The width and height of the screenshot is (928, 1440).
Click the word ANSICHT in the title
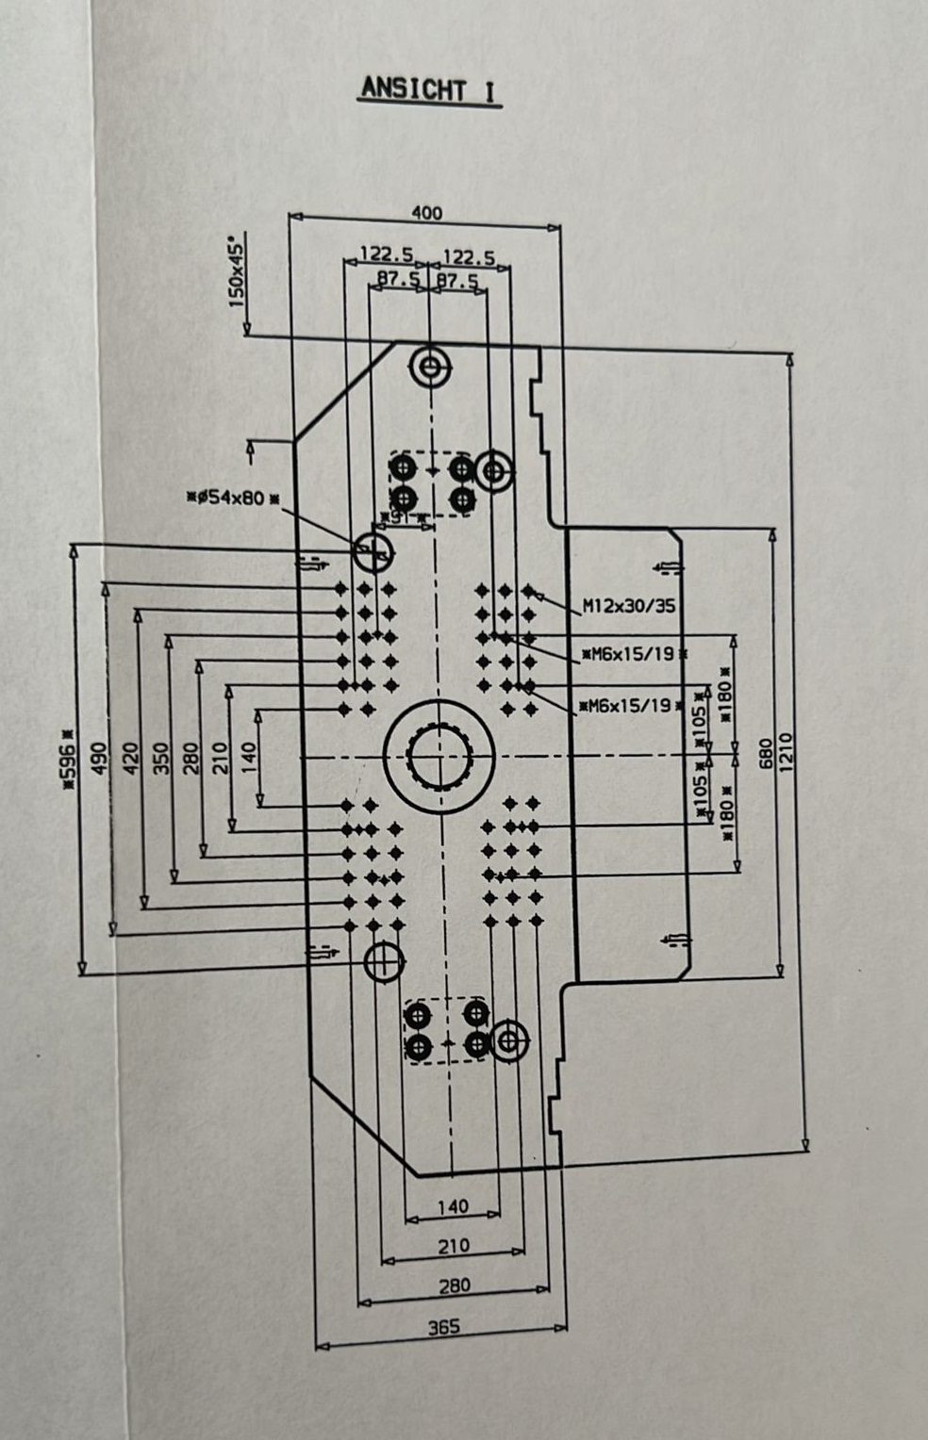[413, 90]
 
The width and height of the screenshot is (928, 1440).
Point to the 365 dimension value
[443, 1327]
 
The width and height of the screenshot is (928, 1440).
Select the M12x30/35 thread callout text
[628, 606]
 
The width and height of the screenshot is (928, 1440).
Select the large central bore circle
[439, 755]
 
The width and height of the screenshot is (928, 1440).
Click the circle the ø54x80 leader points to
[373, 551]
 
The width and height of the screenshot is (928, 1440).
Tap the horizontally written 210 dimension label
[453, 1246]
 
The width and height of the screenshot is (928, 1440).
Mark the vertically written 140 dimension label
[249, 754]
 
